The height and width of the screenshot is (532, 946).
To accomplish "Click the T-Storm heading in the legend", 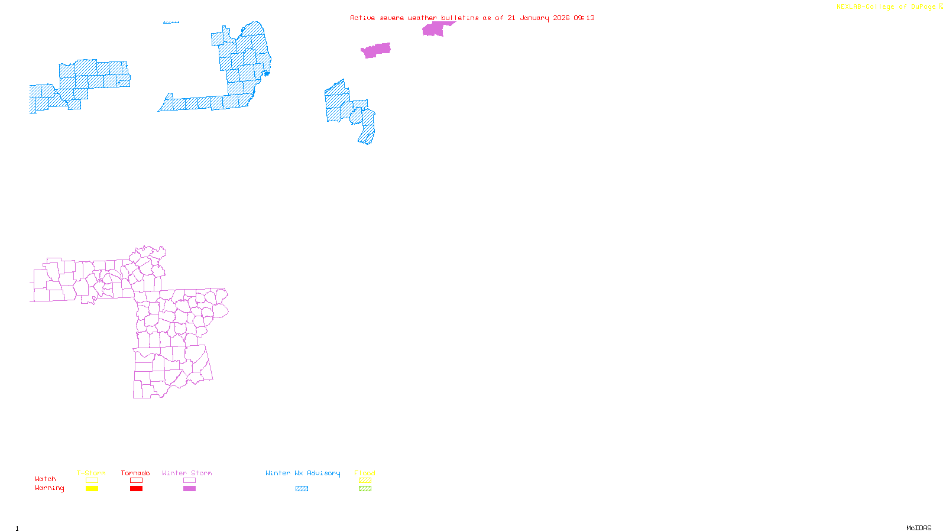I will click(x=91, y=473).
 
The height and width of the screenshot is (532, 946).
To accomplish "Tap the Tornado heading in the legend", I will click(x=135, y=473).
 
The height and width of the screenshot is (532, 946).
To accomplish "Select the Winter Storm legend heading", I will click(x=187, y=473).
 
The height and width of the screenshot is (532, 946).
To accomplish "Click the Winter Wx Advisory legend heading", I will click(x=303, y=473).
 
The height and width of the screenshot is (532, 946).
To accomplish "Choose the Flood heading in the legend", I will click(x=365, y=473).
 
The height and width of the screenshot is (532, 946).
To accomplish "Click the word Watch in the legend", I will click(x=46, y=479).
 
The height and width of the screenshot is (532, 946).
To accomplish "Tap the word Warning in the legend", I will click(x=49, y=488).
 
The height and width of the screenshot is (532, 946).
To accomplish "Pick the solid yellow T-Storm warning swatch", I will click(x=92, y=489).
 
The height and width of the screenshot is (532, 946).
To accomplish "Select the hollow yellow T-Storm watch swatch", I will click(x=92, y=481).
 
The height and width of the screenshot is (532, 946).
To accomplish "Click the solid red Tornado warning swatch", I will click(x=136, y=489).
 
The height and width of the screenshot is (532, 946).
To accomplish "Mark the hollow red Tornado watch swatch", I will click(x=136, y=481).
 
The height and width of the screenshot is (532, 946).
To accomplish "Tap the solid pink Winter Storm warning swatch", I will click(x=189, y=489).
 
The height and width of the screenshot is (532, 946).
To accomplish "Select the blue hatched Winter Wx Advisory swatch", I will click(x=302, y=489).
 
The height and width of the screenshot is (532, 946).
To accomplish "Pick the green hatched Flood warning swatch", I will click(x=365, y=489).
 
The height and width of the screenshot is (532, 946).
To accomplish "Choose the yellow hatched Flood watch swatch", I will click(x=365, y=481).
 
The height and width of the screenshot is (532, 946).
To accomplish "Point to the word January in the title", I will click(x=534, y=18).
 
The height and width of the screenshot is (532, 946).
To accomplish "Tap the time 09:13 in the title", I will click(x=584, y=18).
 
